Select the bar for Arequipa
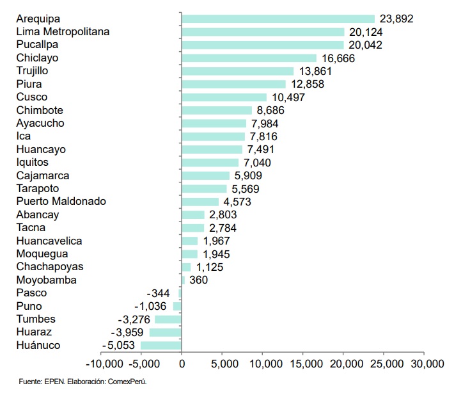278,19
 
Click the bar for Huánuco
161,346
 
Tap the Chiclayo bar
249,58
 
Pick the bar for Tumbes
168,319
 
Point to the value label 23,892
396,19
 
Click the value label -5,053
120,346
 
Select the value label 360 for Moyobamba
198,280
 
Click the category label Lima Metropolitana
63,31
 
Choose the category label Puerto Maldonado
61,201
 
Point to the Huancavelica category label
49,241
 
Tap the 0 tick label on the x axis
182,364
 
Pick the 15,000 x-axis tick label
303,364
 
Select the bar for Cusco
224,97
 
